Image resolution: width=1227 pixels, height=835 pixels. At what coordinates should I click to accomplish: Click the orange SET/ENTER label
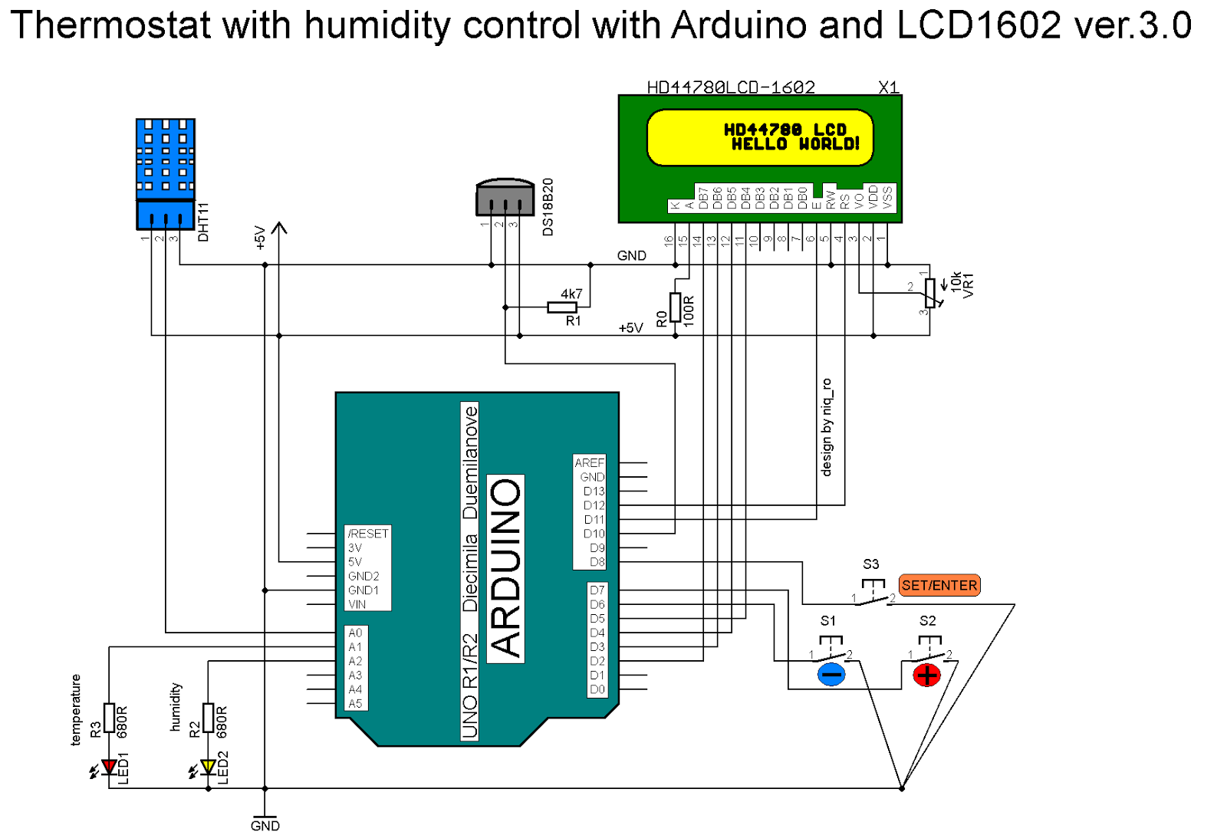939,585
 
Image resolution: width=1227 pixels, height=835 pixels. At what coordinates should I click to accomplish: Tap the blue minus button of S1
831,675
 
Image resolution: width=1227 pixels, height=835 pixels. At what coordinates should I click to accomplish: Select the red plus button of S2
927,675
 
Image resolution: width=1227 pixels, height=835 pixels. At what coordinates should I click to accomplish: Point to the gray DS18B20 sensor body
505,199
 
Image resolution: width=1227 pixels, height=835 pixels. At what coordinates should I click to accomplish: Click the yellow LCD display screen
760,137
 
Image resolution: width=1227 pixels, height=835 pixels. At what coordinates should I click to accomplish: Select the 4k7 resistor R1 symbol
562,307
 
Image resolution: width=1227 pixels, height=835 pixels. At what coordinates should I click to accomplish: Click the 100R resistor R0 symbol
675,307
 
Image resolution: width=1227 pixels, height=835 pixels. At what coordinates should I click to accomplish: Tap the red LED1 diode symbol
109,766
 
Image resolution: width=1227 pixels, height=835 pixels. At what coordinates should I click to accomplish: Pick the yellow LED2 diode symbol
208,766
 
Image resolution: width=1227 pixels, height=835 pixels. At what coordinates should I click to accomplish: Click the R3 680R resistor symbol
109,718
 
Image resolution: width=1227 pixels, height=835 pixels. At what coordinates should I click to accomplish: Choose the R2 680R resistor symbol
208,718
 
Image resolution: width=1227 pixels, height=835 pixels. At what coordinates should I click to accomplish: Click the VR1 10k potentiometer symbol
929,292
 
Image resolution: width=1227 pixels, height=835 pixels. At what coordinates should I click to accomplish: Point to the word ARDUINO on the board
505,568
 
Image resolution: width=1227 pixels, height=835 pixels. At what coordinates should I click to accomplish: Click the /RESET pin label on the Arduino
368,534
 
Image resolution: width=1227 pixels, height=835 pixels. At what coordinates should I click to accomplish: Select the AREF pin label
590,463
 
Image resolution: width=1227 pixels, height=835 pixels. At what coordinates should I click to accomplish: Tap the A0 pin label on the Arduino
355,633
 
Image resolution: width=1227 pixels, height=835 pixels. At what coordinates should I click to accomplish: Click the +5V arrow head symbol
279,228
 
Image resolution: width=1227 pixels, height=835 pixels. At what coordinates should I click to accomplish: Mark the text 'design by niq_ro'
827,427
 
